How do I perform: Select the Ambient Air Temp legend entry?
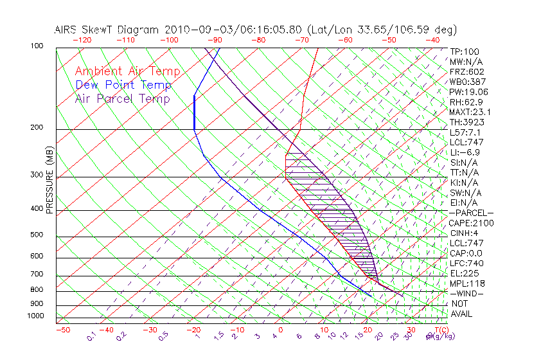pyautogui.click(x=128, y=71)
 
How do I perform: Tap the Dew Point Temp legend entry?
pyautogui.click(x=123, y=85)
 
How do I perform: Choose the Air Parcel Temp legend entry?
pyautogui.click(x=123, y=98)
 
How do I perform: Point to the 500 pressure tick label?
pyautogui.click(x=37, y=235)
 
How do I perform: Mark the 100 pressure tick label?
pyautogui.click(x=37, y=46)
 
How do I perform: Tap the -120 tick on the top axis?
pyautogui.click(x=82, y=40)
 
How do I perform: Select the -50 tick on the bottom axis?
pyautogui.click(x=62, y=330)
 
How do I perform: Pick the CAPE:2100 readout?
pyautogui.click(x=470, y=223)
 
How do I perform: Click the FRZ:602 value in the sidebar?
pyautogui.click(x=467, y=71)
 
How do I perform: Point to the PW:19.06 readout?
pyautogui.click(x=469, y=92)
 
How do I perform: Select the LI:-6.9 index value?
pyautogui.click(x=465, y=152)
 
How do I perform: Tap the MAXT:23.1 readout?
pyautogui.click(x=470, y=112)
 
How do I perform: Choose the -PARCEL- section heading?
pyautogui.click(x=471, y=213)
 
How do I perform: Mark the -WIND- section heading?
pyautogui.click(x=467, y=293)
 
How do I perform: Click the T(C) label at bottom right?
pyautogui.click(x=439, y=330)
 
